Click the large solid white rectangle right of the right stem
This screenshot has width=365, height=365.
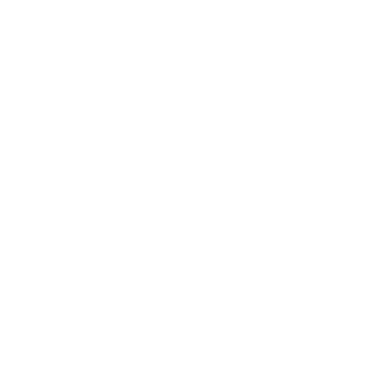tap(307, 136)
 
